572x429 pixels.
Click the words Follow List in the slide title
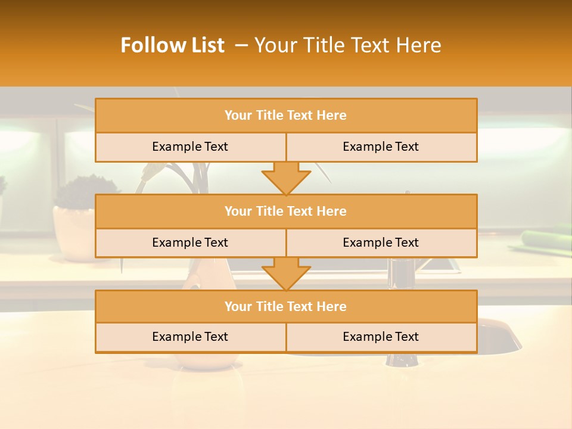pos(172,45)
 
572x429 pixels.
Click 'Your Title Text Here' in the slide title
pos(348,45)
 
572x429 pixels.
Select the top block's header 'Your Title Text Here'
pos(285,116)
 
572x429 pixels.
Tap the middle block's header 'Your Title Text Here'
pos(285,211)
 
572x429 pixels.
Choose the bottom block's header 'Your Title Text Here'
pos(285,306)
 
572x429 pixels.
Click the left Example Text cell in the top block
pos(190,147)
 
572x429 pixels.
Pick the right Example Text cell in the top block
pos(381,147)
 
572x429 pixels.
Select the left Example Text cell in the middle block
pos(190,243)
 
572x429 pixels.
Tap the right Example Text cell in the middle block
pos(381,243)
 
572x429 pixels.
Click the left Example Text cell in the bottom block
pos(190,337)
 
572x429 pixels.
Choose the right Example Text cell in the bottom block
pos(381,337)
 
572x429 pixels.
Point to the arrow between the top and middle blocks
pos(286,178)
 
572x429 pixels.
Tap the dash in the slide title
pos(241,45)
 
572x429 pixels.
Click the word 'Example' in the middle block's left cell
pos(174,243)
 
